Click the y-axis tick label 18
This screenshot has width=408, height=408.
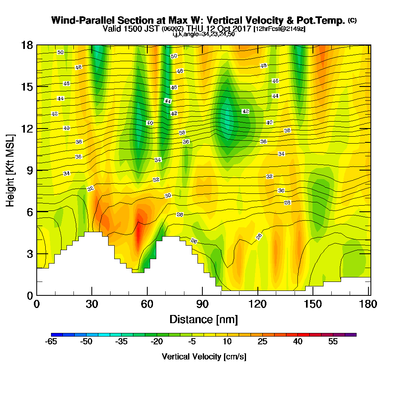[x=27, y=45]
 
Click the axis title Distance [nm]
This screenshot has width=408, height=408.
[x=204, y=319]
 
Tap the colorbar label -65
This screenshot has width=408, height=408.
[x=51, y=342]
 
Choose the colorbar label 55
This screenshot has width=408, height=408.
[x=333, y=342]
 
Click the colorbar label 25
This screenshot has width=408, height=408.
[x=262, y=342]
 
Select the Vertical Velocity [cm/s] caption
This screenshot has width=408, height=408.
[x=204, y=357]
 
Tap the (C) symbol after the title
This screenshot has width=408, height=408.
[x=352, y=20]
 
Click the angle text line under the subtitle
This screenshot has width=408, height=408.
[x=204, y=34]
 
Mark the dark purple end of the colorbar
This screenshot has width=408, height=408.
[x=353, y=335]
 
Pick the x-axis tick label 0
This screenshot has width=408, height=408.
[x=37, y=304]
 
